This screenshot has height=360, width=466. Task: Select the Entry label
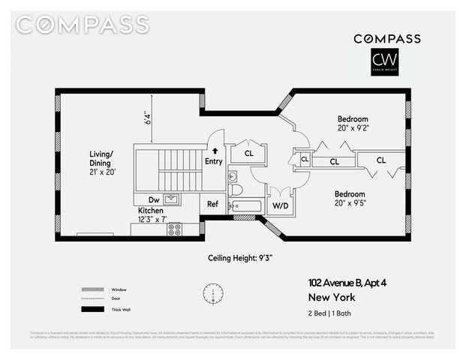click(x=214, y=161)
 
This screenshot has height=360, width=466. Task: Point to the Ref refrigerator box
click(x=212, y=204)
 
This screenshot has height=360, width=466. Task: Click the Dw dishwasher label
click(x=153, y=200)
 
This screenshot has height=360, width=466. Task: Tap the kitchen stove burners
click(x=175, y=230)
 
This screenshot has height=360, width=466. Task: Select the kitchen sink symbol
click(x=170, y=199)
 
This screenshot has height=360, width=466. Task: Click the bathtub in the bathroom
click(x=245, y=205)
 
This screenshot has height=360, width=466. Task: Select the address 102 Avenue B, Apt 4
click(x=352, y=283)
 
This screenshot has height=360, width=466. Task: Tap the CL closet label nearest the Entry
click(x=248, y=153)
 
